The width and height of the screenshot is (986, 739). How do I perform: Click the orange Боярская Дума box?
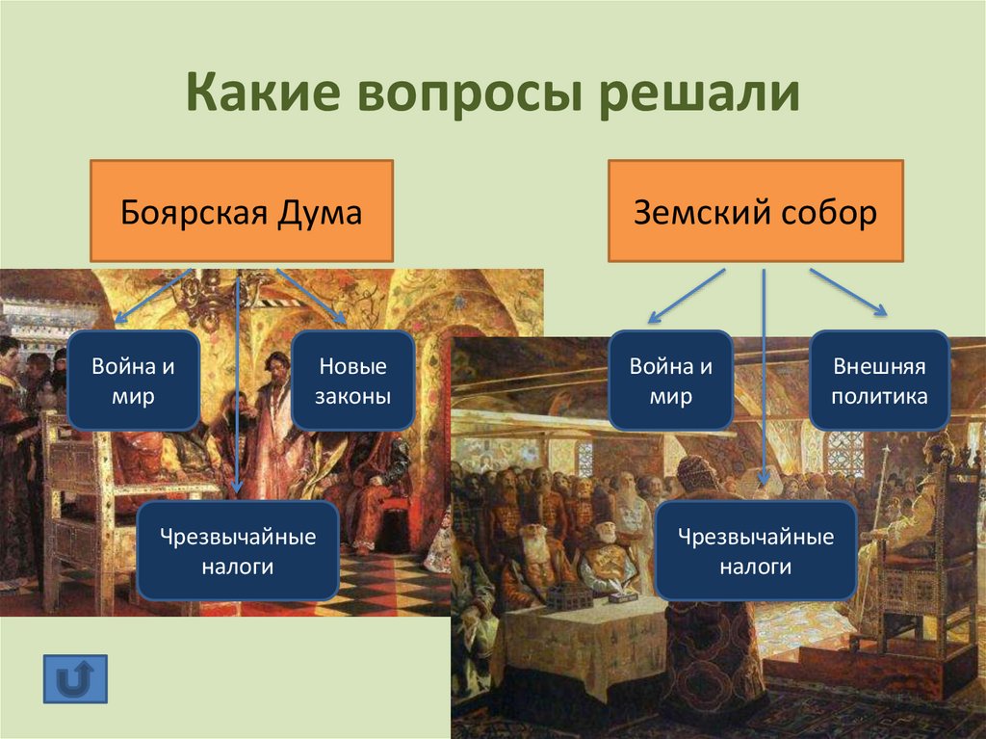pos(241,211)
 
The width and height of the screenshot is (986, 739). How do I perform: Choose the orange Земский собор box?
pos(755,211)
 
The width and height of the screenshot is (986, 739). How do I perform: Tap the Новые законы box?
pos(352,380)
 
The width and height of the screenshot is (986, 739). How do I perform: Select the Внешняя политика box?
pos(878,380)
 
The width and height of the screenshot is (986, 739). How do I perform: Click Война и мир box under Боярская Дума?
pos(133,380)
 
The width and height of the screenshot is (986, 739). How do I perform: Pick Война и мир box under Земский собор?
pos(670,380)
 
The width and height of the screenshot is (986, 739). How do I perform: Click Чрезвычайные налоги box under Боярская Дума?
pos(237,551)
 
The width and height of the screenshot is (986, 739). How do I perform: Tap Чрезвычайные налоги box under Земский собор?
pos(755,551)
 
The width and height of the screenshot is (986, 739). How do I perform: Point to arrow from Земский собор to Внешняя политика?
pos(846,291)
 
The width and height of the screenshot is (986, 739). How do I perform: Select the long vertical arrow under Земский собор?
pos(764,376)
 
